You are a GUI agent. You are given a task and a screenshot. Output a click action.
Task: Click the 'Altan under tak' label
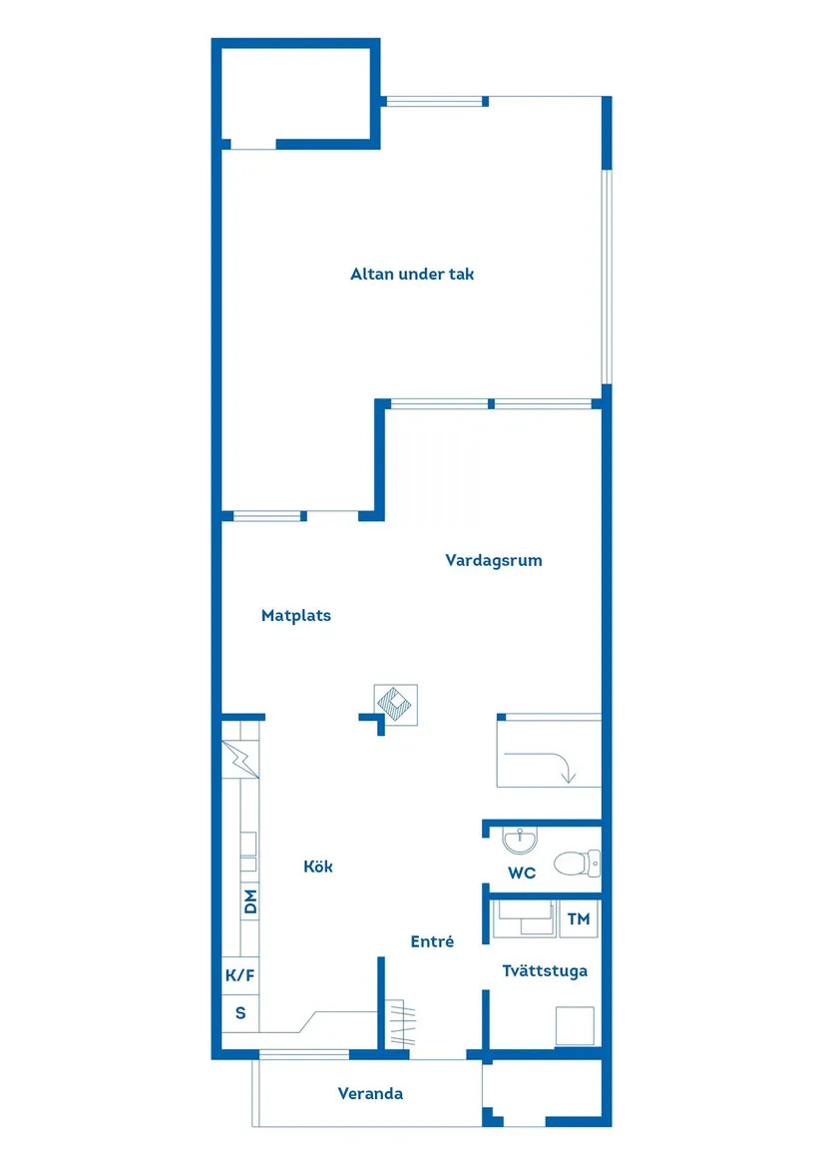click(412, 274)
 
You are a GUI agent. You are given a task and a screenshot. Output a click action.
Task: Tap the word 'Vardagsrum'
click(494, 560)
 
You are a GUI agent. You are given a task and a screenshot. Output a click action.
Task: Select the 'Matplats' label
click(296, 616)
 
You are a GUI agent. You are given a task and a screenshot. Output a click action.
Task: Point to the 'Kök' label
click(318, 867)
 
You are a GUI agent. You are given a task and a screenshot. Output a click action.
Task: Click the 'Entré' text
click(433, 940)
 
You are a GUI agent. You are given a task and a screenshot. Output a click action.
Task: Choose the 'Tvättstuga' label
click(545, 970)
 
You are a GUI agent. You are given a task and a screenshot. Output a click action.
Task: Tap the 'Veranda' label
click(370, 1093)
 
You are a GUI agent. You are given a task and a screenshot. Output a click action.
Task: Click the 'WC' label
click(522, 873)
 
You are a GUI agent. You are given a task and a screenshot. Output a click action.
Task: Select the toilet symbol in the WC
click(576, 861)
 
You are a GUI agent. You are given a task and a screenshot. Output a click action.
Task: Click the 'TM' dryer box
click(579, 918)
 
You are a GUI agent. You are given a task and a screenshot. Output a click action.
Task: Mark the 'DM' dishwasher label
click(250, 901)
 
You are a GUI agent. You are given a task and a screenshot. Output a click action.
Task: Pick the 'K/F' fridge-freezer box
click(240, 975)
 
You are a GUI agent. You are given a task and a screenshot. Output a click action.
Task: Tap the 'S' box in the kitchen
click(240, 1013)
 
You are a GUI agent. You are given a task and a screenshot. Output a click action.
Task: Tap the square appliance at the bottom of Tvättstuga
click(575, 1025)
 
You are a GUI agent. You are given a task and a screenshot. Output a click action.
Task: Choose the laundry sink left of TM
click(524, 917)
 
